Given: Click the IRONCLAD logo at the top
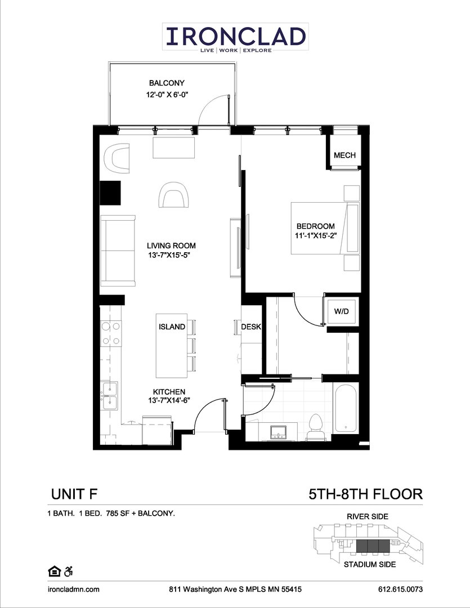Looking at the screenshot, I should coord(235,37).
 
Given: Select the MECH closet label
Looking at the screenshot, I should coord(344,155).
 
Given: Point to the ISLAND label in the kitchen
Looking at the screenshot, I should coord(172,327).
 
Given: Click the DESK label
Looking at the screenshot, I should coord(250,327).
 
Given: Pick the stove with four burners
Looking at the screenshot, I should coord(110,333).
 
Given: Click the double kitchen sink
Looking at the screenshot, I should coord(110,396).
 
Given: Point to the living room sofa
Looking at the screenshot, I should coord(118,250).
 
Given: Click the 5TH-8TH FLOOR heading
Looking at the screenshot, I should coord(365,494).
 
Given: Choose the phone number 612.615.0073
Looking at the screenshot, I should coord(400,589).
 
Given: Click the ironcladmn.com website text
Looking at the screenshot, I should coord(73,589).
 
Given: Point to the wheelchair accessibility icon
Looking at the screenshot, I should coord(68,571).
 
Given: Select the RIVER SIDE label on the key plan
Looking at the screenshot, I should coord(368,516).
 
